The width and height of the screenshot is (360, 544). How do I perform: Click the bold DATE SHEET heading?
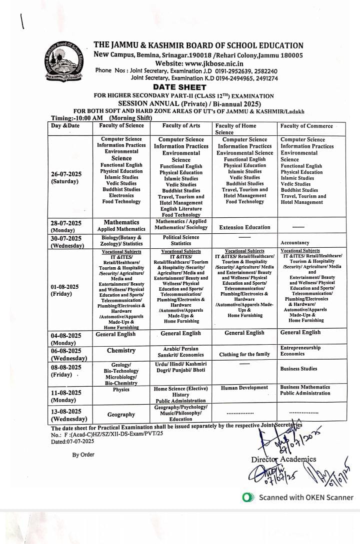[x=199, y=87]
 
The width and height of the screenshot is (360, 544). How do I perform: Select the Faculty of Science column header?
[x=121, y=125]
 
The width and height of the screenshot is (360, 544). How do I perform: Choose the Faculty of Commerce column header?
[x=306, y=126]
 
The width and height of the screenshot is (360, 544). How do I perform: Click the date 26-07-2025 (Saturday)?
[x=65, y=177]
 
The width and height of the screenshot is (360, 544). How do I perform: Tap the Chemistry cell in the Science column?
[x=121, y=351]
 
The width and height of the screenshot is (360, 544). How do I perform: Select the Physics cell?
[x=121, y=389]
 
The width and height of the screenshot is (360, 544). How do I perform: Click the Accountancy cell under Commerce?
[x=295, y=243]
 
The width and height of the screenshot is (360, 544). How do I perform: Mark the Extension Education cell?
[x=244, y=227]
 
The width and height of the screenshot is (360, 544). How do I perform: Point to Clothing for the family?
[x=244, y=354]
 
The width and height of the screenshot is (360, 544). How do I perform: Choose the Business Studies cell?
[x=298, y=369]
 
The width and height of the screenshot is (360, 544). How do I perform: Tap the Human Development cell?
[x=244, y=388]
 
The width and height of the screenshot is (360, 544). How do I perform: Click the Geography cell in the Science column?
[x=121, y=414]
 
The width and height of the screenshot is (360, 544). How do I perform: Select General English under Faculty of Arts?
[x=180, y=333]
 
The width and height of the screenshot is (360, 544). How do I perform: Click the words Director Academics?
[x=283, y=459]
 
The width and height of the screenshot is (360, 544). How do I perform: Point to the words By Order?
[x=83, y=455]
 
